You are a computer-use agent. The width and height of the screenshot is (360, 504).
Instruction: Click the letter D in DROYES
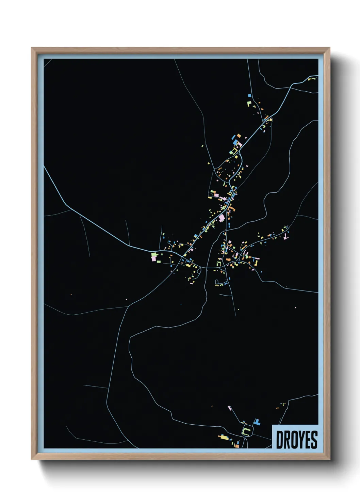pyautogui.click(x=280, y=440)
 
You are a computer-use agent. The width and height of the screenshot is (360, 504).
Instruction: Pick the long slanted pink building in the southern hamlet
pyautogui.click(x=230, y=408)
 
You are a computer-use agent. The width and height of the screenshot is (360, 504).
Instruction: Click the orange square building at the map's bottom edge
pyautogui.click(x=237, y=445)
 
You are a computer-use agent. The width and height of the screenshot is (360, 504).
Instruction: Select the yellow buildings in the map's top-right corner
pyautogui.click(x=312, y=79)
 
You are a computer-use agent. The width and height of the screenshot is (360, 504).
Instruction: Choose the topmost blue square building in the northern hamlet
pyautogui.click(x=249, y=96)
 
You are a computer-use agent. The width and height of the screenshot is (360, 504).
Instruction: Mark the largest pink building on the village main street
pyautogui.click(x=222, y=218)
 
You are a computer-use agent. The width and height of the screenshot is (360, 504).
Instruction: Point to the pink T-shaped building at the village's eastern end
pyautogui.click(x=286, y=235)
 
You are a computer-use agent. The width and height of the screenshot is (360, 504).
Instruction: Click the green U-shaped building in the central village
pyautogui.click(x=219, y=263)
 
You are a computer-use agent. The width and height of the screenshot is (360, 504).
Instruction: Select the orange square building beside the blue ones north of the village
pyautogui.click(x=239, y=136)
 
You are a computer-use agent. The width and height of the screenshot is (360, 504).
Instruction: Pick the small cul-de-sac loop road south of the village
pyautogui.click(x=217, y=282)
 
